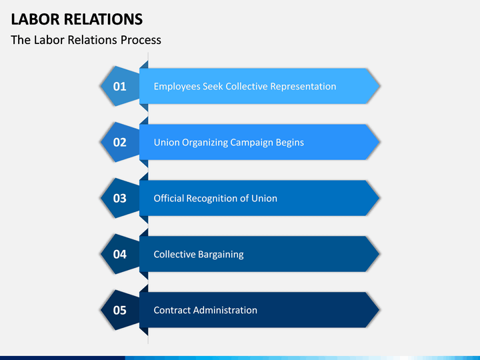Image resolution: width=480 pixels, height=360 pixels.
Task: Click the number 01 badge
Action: (120, 86)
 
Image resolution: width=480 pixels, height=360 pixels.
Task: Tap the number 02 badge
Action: (120, 143)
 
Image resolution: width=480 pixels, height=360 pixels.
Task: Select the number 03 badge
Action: (120, 199)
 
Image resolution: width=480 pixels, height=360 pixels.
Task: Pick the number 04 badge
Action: (120, 255)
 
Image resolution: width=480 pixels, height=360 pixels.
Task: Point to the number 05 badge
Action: (120, 311)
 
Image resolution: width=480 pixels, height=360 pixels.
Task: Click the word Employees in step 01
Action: (177, 87)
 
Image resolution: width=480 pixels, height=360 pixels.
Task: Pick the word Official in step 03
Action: (169, 199)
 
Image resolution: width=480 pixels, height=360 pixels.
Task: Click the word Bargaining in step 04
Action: (221, 255)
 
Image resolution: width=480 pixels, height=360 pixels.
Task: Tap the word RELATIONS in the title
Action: (103, 19)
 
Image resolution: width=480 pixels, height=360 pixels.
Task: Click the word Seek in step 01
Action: (213, 86)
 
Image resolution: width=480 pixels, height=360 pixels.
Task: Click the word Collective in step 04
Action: (175, 255)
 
